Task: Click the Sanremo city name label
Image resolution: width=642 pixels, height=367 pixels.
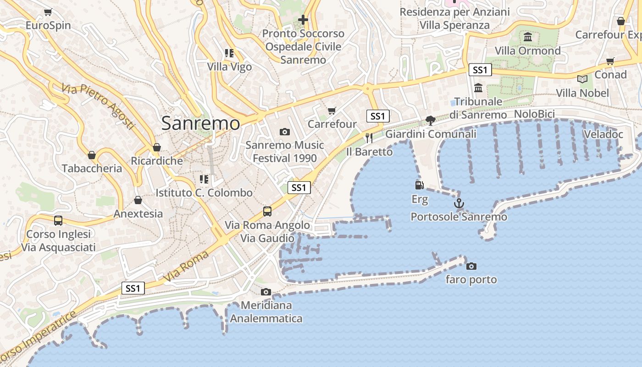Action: [x=200, y=123]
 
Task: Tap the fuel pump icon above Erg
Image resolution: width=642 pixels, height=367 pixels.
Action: [x=419, y=185]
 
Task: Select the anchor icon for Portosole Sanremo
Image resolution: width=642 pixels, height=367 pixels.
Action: [x=459, y=203]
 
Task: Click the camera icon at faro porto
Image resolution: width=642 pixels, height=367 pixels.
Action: [x=471, y=266]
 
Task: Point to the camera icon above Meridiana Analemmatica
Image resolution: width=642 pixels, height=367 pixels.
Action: [x=266, y=292]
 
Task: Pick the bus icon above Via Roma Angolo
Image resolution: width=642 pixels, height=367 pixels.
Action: [x=267, y=211]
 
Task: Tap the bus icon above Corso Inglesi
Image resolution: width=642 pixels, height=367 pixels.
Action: [x=58, y=220]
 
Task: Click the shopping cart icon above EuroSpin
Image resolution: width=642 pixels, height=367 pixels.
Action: [x=48, y=12]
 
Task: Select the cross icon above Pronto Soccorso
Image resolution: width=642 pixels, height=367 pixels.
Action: [x=303, y=20]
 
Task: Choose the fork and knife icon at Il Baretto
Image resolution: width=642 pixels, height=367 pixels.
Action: [x=369, y=138]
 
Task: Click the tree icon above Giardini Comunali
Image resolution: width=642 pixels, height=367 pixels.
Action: [x=430, y=120]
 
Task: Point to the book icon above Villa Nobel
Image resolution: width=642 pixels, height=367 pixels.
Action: [x=582, y=79]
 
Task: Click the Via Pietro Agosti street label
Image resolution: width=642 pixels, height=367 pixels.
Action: [x=99, y=106]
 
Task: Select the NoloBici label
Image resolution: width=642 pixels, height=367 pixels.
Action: [x=534, y=114]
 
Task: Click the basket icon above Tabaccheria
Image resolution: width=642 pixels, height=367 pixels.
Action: [x=92, y=155]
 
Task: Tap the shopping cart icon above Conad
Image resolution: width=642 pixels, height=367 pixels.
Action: [x=610, y=61]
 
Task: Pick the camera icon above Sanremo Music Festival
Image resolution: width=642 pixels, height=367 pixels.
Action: [x=284, y=132]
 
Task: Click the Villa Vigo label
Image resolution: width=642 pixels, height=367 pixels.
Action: [x=229, y=67]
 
